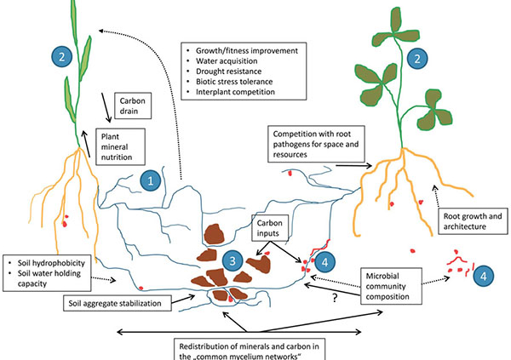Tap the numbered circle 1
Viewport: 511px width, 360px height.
coord(150,180)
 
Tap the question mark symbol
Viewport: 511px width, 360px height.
coord(334,297)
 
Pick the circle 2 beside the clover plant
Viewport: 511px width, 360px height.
coord(417,58)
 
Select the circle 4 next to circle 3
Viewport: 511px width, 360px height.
coord(328,263)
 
